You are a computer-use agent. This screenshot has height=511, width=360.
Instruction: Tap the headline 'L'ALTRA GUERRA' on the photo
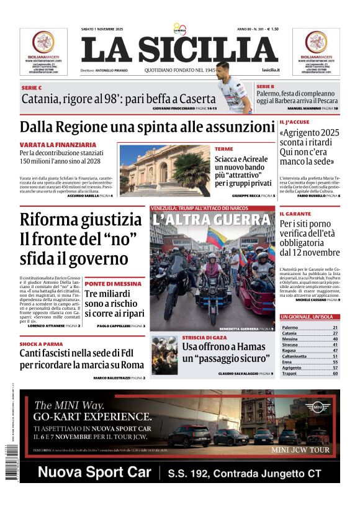click(211, 220)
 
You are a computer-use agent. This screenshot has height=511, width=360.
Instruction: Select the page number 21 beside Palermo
click(335, 327)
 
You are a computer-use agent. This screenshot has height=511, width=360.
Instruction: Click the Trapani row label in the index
click(290, 374)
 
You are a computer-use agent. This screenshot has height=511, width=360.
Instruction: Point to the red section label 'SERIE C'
click(32, 88)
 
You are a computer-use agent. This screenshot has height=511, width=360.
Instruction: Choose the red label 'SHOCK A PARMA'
click(40, 343)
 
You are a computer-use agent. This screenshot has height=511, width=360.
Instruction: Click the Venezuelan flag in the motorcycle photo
click(217, 237)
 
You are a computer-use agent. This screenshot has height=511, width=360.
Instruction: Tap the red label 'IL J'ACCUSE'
click(294, 122)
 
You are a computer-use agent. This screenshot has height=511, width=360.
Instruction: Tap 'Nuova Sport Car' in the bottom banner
click(94, 473)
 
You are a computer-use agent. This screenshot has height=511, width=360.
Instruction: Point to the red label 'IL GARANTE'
click(294, 214)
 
